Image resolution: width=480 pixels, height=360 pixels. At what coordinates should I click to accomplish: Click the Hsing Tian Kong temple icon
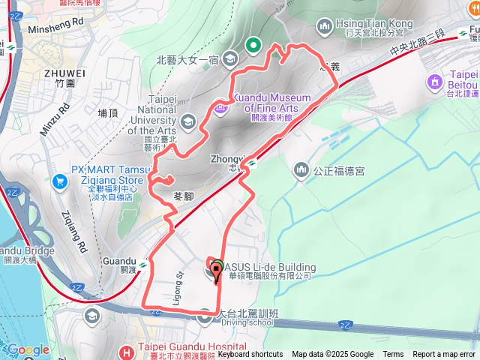(x=325, y=27)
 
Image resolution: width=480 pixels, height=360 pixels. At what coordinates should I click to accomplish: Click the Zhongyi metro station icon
(x=253, y=162)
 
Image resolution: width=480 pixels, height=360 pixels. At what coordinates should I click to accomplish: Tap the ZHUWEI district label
(x=64, y=73)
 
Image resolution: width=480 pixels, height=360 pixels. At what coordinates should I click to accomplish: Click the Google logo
(x=28, y=350)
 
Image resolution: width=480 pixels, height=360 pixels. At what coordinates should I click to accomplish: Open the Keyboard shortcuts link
(x=250, y=355)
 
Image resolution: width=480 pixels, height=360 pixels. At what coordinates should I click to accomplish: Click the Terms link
(x=393, y=355)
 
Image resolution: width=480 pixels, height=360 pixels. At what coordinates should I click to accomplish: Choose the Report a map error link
(x=444, y=355)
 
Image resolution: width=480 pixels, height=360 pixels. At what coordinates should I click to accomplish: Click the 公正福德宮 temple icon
(x=301, y=170)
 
